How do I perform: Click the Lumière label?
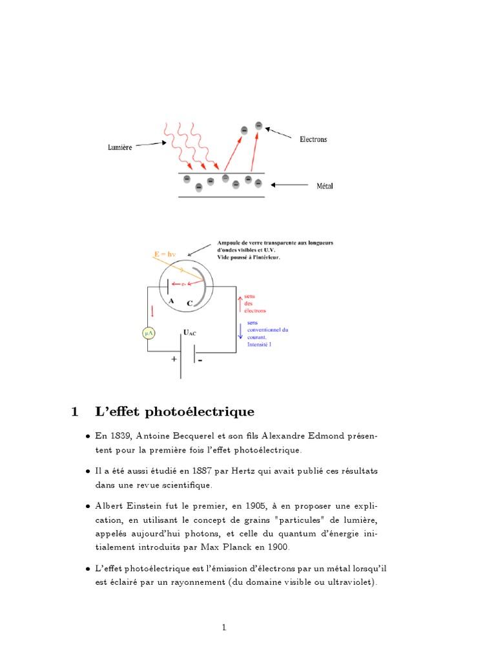119,147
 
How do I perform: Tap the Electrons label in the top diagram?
313,139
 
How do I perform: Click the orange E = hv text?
166,254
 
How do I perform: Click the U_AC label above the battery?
190,333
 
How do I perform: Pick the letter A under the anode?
171,300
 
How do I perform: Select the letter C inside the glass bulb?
189,303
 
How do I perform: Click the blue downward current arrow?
240,331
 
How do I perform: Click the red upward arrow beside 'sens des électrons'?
240,301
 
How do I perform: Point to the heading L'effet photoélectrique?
174,411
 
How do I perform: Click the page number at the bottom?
224,627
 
